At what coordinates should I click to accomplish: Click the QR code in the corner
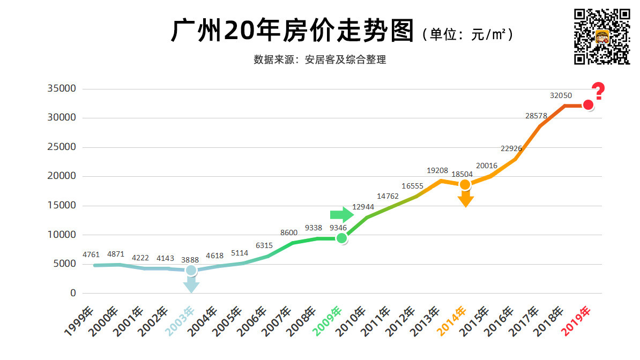pos(602,36)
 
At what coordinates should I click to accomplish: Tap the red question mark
pos(598,92)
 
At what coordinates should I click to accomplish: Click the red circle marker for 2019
pos(588,105)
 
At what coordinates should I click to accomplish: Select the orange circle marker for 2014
pos(465,184)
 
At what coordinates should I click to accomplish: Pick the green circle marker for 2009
pos(341,238)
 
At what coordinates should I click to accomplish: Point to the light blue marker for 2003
pos(191,270)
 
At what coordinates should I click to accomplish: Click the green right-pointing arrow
pos(341,215)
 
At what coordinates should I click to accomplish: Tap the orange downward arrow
pos(465,199)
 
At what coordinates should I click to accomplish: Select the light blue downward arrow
pos(191,284)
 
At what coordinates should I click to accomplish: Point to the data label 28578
pos(537,116)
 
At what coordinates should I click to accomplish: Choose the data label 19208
pos(437,170)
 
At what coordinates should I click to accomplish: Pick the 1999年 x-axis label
pos(80,324)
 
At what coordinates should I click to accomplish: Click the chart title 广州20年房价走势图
pos(293,32)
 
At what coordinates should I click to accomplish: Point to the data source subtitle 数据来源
pos(319,60)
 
